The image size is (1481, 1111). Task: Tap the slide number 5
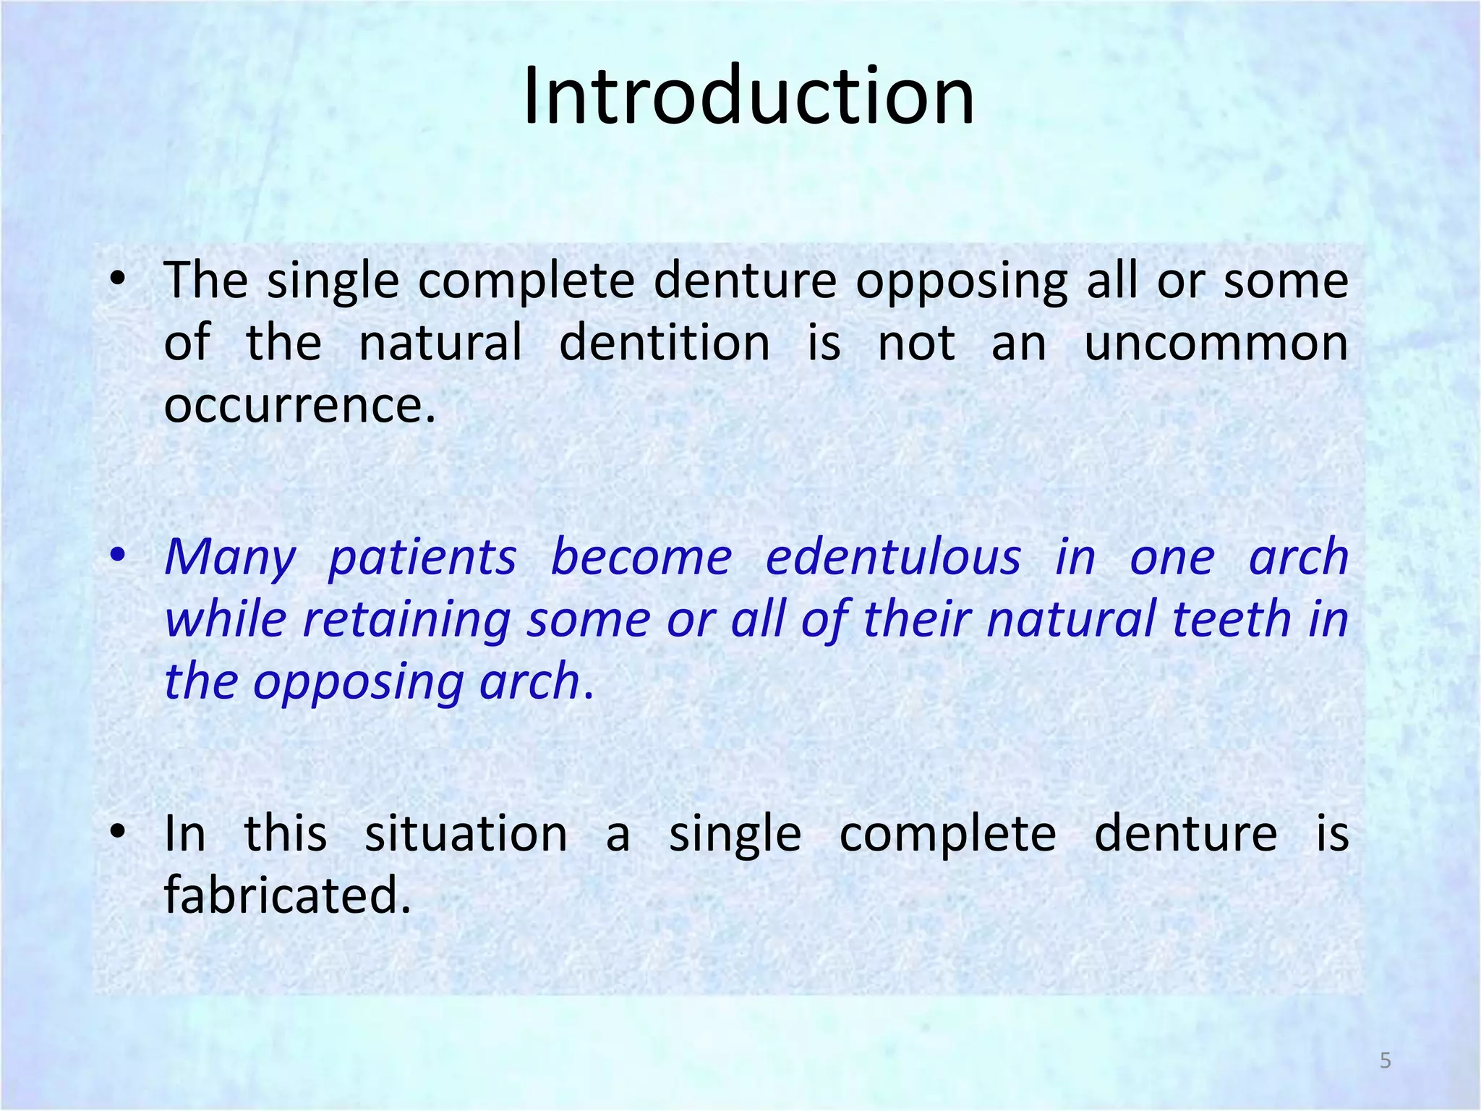(1385, 1060)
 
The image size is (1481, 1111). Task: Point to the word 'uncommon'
(1216, 343)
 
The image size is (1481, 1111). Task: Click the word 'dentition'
(665, 343)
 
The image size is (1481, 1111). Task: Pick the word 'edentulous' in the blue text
(893, 558)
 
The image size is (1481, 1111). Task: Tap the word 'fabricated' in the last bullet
(286, 895)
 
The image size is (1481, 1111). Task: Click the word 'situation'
(466, 834)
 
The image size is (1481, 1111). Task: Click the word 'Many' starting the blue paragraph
(230, 558)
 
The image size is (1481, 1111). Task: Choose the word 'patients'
(422, 558)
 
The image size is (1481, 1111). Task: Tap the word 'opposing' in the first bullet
(962, 282)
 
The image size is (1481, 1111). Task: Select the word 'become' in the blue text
(641, 558)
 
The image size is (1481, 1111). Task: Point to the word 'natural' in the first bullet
(440, 343)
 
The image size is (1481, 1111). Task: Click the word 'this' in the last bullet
(286, 834)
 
